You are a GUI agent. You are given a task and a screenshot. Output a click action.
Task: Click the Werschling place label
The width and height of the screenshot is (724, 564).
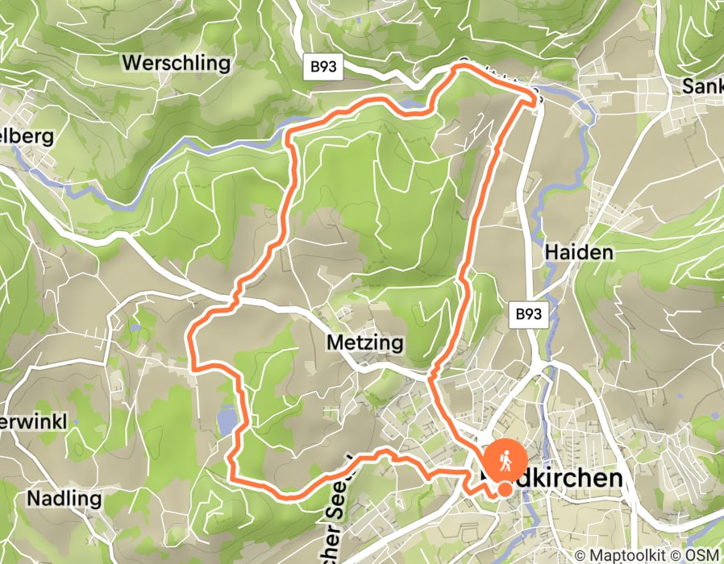tap(176, 63)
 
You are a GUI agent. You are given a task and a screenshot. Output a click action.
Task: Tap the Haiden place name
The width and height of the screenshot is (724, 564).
tap(579, 252)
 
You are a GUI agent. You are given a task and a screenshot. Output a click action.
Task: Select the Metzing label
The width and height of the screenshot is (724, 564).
tap(364, 343)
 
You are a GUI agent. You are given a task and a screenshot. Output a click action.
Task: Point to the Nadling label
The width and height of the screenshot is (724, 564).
tap(64, 498)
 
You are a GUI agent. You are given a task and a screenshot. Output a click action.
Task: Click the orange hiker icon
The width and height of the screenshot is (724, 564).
tap(505, 461)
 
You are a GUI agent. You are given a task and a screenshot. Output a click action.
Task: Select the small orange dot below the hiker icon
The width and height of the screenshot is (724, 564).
tap(505, 489)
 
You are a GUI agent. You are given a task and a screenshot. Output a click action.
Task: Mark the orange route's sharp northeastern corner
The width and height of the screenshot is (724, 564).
tap(535, 98)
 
